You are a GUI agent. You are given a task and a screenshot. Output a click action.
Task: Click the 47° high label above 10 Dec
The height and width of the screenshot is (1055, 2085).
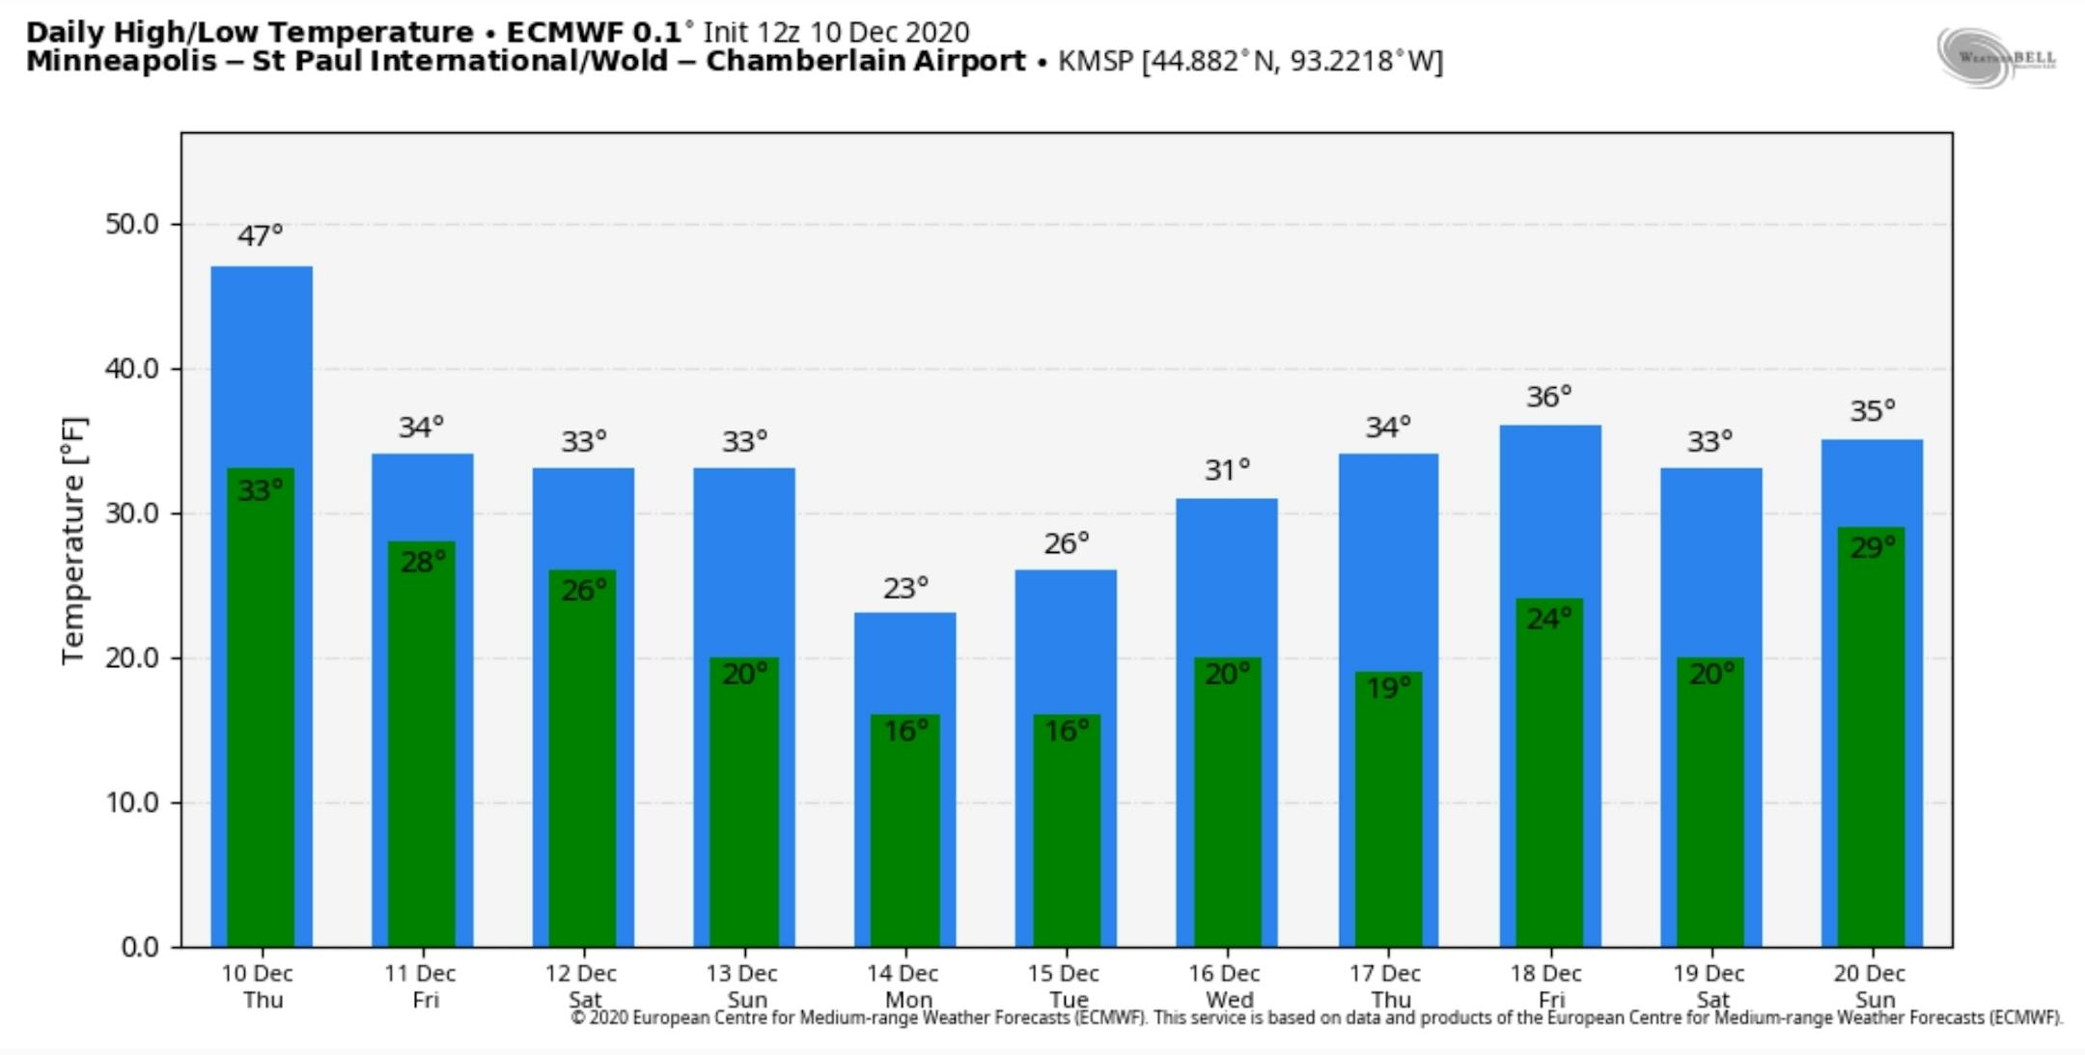260,236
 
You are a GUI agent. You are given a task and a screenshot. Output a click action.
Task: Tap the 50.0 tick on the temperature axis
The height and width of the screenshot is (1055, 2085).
132,224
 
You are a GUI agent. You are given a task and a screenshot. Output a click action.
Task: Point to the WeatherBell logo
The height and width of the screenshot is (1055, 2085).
1995,58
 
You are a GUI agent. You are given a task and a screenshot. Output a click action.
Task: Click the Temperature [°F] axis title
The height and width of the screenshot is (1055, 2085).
74,540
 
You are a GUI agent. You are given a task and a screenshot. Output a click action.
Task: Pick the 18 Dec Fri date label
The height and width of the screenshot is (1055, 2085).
1546,986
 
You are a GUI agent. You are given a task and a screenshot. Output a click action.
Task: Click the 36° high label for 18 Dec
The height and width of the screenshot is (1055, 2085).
1548,397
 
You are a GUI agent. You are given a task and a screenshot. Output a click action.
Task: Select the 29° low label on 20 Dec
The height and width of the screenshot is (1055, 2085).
1872,548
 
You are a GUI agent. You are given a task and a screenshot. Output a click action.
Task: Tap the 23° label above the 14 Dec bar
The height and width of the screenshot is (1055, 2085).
905,588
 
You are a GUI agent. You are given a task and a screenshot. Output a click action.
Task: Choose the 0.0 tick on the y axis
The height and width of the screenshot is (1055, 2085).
140,947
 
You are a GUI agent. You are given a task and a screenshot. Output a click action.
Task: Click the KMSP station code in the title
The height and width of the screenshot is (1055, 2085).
1095,62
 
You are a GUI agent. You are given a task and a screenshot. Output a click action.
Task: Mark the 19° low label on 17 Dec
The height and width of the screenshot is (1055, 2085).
1388,688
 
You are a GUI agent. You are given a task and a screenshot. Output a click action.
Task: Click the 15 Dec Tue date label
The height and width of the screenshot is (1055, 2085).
1064,986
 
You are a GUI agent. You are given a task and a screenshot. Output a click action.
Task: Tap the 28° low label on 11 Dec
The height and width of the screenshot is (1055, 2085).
423,562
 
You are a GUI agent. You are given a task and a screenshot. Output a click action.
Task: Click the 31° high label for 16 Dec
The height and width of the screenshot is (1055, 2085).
1227,470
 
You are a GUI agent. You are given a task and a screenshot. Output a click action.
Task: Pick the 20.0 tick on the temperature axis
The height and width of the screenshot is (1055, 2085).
132,657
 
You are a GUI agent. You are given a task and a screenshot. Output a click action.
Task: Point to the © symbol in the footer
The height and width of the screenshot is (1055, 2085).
578,1017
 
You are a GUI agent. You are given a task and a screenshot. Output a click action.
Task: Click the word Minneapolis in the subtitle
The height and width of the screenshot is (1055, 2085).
122,62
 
